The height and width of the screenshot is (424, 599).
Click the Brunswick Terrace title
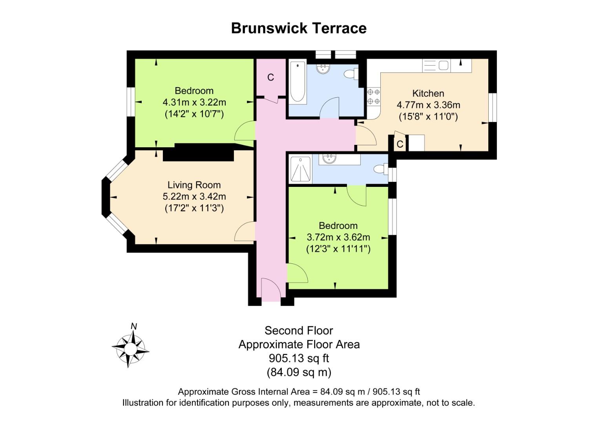point(299,28)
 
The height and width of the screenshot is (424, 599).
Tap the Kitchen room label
point(428,93)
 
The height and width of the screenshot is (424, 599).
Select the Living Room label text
point(194,185)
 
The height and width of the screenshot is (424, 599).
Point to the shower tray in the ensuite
point(301,169)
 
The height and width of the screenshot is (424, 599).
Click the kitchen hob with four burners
point(374,97)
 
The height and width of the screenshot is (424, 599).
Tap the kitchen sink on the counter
point(436,66)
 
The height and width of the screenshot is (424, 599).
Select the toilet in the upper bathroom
point(351,74)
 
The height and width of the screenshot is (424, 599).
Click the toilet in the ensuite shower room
point(381,169)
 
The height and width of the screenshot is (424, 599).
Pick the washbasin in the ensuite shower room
point(329,159)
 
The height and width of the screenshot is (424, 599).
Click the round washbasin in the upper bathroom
point(323,68)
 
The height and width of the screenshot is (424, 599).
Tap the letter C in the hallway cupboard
point(270,78)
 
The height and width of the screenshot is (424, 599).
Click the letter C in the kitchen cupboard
point(400,144)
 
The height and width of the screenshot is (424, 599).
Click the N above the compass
point(134,326)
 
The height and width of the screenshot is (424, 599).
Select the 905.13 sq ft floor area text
point(299,358)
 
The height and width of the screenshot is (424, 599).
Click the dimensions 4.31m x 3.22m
point(194,102)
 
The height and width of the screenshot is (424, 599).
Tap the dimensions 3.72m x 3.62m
point(338,237)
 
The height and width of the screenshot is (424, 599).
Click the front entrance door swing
point(271,289)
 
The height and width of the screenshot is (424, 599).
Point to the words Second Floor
point(299,331)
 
